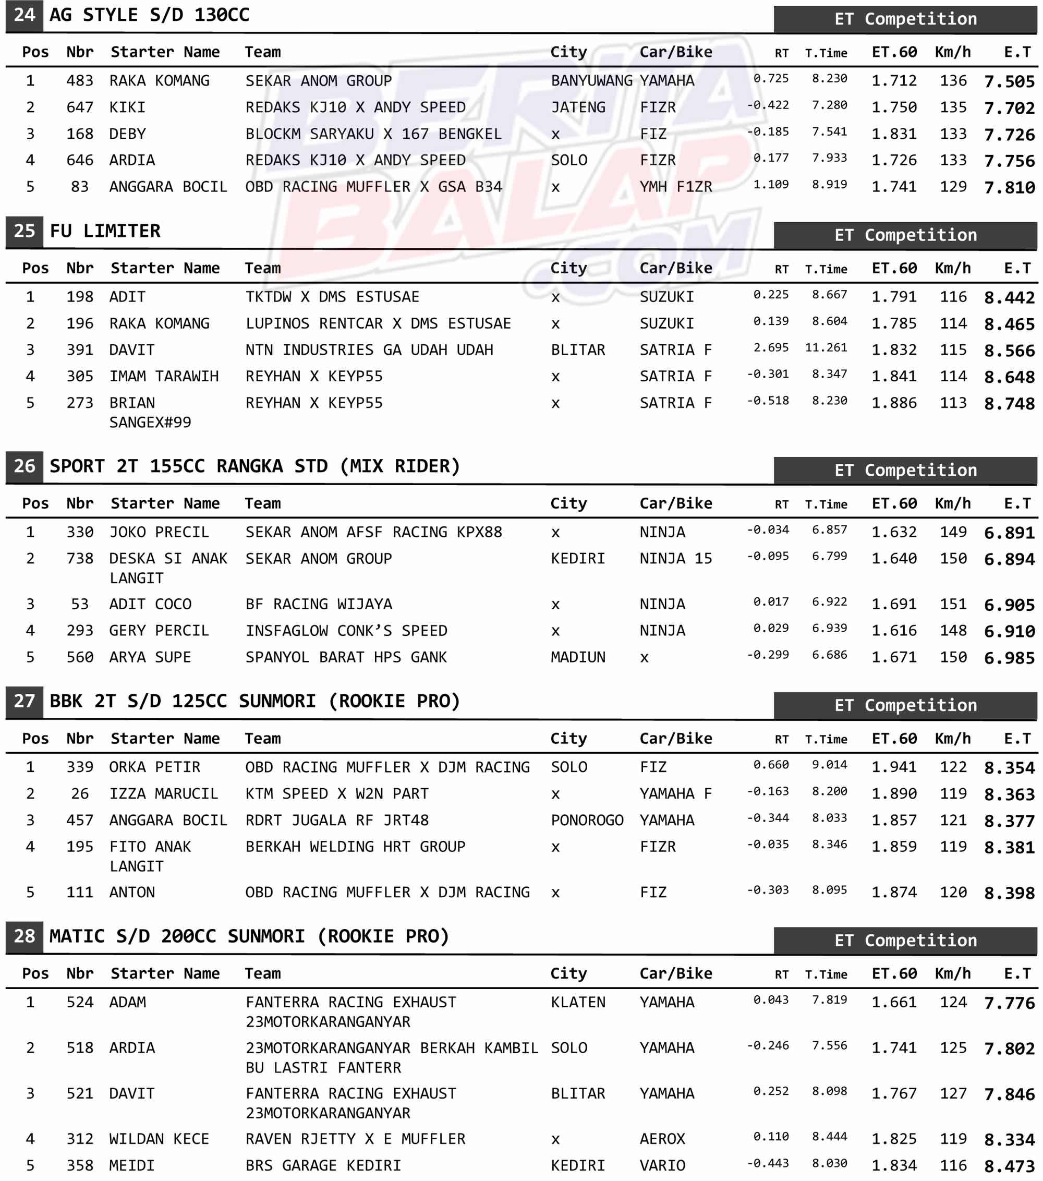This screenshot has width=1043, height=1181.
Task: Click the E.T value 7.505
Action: click(x=1009, y=81)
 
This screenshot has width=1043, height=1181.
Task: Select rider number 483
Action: click(x=80, y=81)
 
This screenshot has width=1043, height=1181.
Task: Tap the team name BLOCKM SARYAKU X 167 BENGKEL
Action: click(x=373, y=134)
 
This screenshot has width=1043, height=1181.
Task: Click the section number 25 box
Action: click(x=25, y=231)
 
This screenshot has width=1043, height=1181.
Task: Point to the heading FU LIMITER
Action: click(x=105, y=231)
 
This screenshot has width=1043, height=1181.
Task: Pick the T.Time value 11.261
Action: click(x=826, y=348)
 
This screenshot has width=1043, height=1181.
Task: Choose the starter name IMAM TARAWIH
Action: click(x=164, y=377)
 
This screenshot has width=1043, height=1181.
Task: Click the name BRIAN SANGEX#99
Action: click(x=150, y=413)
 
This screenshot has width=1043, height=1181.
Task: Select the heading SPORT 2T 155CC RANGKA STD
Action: click(x=254, y=466)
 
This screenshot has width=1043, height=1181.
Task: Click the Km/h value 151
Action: click(x=953, y=605)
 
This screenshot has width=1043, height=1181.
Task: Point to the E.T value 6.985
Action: click(x=1009, y=658)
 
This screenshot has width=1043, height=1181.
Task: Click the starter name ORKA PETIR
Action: click(x=155, y=767)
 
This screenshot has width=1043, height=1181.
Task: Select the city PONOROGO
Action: click(x=587, y=821)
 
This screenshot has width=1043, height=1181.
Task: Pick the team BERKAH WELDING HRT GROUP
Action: click(x=355, y=847)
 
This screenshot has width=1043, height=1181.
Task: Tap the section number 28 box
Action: click(x=25, y=936)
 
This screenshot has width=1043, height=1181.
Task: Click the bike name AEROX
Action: click(x=662, y=1139)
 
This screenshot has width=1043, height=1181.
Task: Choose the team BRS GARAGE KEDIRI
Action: click(x=323, y=1165)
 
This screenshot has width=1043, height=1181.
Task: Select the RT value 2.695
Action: click(x=771, y=348)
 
